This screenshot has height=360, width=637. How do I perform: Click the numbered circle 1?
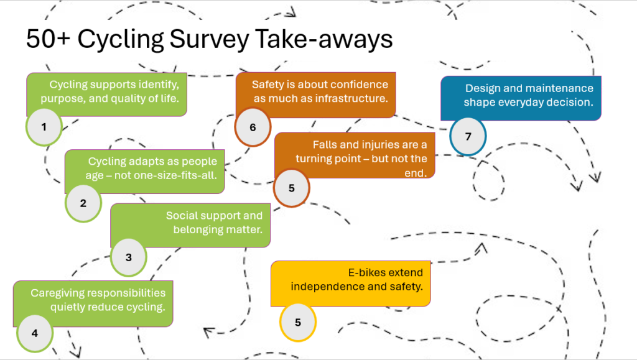click(44, 127)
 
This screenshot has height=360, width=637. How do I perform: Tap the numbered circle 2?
click(83, 203)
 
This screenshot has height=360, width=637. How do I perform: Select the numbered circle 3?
click(128, 257)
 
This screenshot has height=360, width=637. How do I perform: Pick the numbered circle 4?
click(35, 333)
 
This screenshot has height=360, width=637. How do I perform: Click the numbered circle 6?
click(253, 127)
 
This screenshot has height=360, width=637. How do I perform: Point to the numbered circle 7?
click(468, 137)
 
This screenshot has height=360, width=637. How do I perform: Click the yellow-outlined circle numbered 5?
click(298, 322)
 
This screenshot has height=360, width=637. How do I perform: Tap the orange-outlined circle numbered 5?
click(292, 188)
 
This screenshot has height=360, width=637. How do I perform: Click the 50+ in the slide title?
click(48, 39)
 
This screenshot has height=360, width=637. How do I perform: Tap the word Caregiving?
click(57, 293)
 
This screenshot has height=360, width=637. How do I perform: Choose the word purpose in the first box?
click(62, 98)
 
